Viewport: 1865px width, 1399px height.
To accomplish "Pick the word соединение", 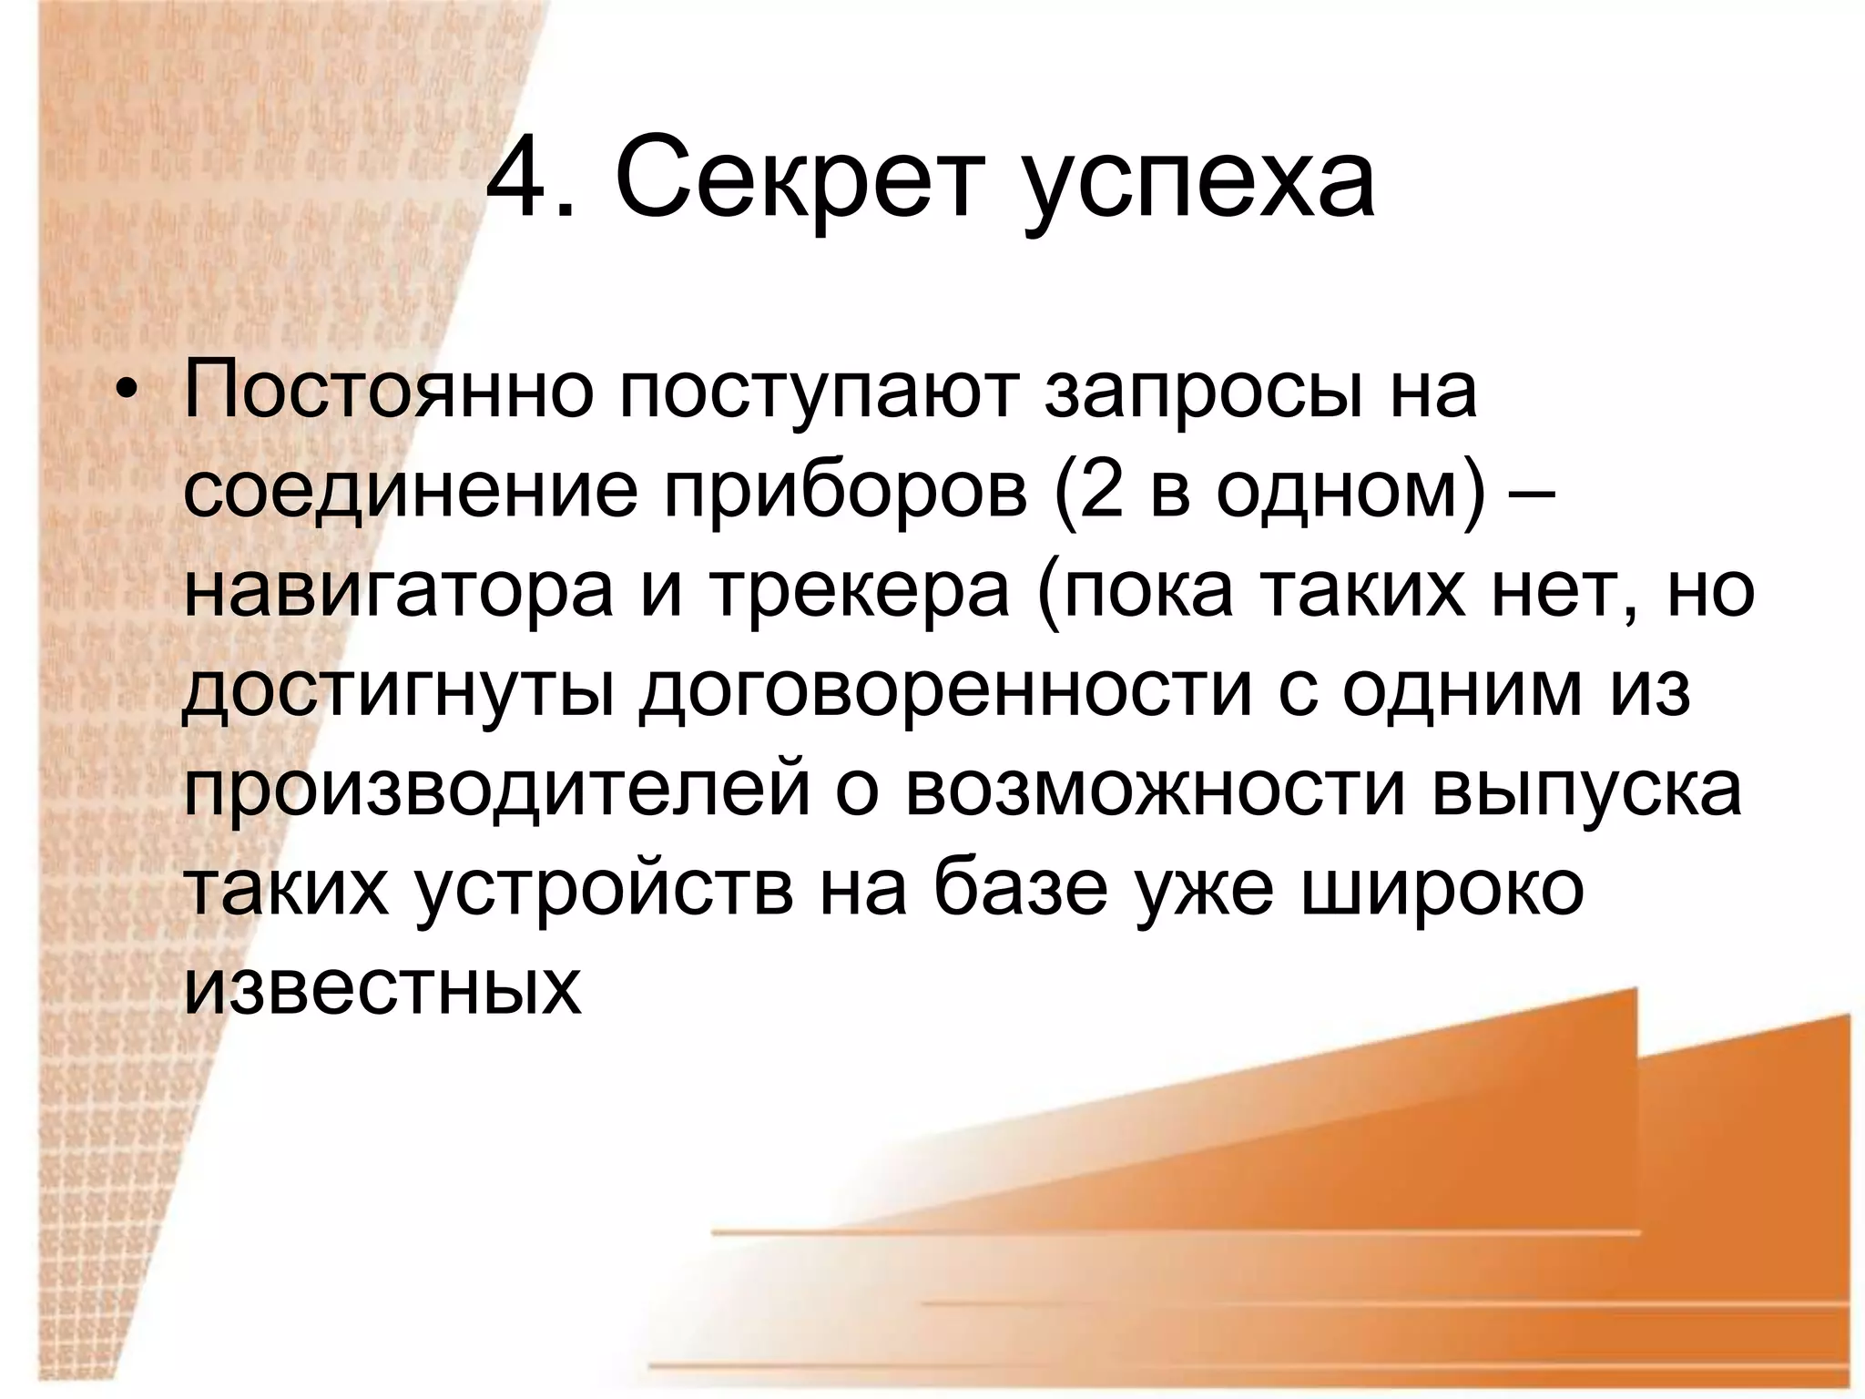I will tap(411, 494).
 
